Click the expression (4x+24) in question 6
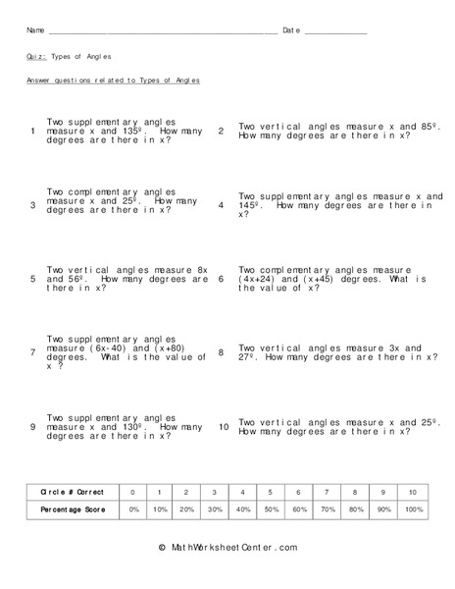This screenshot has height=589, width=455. point(259,279)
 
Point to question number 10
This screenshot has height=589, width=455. point(223,427)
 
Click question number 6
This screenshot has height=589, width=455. point(222,279)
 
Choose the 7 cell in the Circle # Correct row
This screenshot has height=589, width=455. point(329,491)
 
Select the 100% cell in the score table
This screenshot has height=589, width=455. point(413,509)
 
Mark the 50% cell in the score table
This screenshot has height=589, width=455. point(273,509)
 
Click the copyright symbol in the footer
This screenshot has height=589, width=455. point(161,547)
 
